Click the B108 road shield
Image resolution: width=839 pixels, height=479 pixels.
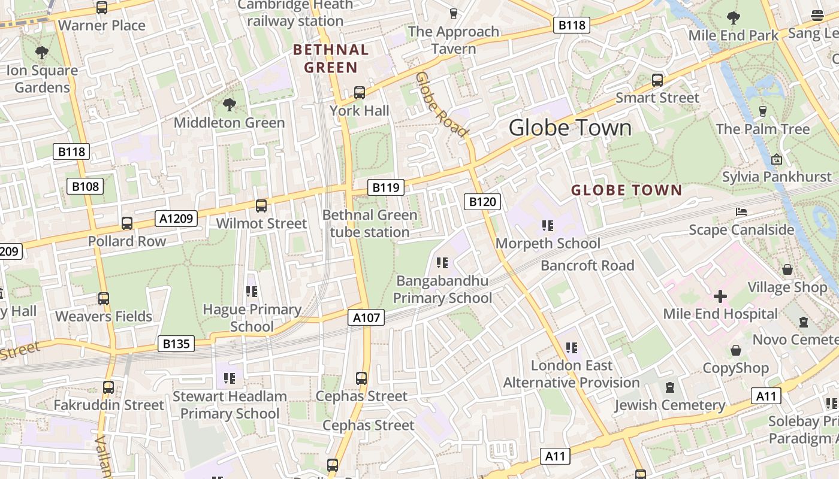[85, 186]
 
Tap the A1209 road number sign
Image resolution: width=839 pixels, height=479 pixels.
[176, 219]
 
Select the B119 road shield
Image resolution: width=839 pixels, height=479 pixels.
[385, 187]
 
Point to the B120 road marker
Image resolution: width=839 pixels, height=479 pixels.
[482, 202]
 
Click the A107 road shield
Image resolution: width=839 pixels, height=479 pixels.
[366, 317]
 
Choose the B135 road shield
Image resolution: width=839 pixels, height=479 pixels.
[176, 344]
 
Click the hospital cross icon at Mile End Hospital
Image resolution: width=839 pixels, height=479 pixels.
[720, 296]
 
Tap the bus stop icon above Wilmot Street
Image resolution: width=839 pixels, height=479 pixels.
[261, 206]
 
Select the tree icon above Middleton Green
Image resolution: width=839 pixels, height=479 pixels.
[229, 105]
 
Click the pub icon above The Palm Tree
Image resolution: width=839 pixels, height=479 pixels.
[762, 111]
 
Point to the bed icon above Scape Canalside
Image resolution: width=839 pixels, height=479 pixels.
[741, 212]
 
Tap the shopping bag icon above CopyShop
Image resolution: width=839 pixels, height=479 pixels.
[735, 351]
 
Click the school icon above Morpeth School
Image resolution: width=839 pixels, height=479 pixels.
[547, 226]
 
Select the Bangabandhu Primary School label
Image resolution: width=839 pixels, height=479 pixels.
[442, 289]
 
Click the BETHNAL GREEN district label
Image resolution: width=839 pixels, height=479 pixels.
[330, 59]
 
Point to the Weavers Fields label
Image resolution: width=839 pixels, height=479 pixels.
[104, 316]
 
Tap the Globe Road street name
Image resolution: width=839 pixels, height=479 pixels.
[442, 104]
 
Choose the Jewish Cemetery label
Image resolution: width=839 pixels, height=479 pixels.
[669, 405]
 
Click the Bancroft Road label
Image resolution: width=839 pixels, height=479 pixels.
[587, 265]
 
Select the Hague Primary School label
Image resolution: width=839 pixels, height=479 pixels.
[252, 318]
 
